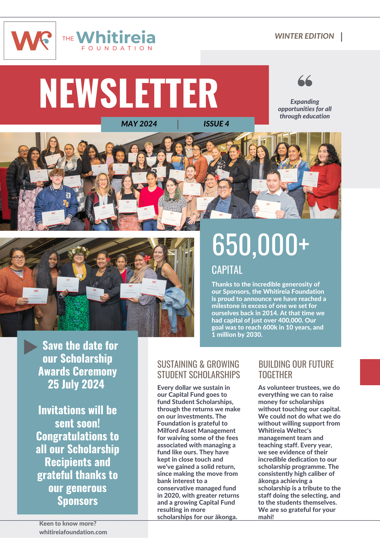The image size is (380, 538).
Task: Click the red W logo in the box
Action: pos(30,41)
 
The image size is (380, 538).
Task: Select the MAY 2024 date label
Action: pos(139,124)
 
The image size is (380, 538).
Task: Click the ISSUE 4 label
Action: pos(216,124)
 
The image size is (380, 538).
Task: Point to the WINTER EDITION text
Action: pos(304,36)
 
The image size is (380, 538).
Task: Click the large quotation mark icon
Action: pos(305,81)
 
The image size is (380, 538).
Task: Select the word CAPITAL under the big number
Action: pos(227,270)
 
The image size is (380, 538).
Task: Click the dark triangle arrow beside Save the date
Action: pos(30,347)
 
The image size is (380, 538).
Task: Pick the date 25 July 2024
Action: pos(76,384)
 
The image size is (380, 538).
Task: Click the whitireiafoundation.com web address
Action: pos(73,532)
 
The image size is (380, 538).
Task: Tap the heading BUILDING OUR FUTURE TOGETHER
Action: pos(296,369)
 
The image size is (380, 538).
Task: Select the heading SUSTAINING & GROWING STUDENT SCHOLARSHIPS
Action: pos(198,369)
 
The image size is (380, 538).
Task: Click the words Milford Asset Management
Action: pos(196,431)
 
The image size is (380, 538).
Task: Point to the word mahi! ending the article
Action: pos(266,517)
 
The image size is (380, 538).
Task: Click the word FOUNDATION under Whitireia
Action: pos(117,48)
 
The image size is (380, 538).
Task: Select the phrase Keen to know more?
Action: pos(68,523)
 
